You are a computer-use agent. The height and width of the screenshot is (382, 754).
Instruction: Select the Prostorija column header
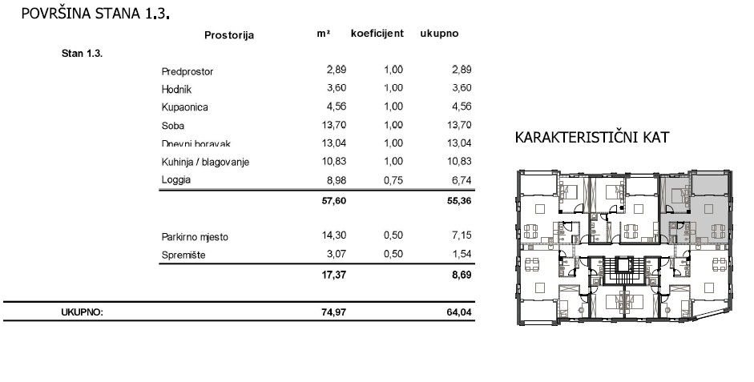click(228, 35)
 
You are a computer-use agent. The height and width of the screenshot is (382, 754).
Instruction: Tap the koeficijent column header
click(377, 34)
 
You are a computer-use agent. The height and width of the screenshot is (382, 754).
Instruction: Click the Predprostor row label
click(187, 71)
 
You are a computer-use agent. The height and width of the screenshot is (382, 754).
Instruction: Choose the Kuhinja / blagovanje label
click(205, 162)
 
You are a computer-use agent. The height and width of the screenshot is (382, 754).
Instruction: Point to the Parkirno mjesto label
click(195, 237)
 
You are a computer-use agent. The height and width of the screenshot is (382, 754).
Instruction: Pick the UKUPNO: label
click(82, 312)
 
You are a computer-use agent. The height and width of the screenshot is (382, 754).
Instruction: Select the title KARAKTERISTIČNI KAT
click(593, 138)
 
